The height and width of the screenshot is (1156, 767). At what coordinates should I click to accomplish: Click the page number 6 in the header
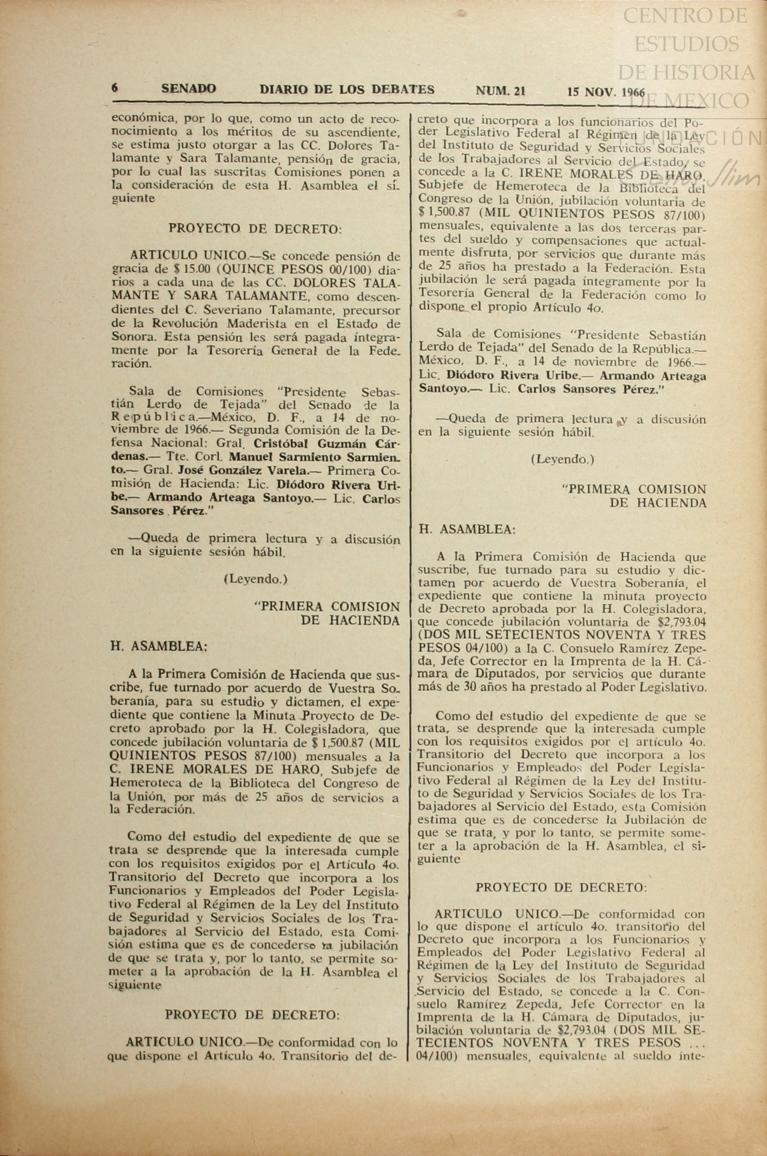[x=114, y=88]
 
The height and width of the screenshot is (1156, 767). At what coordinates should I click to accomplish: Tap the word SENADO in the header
[x=188, y=89]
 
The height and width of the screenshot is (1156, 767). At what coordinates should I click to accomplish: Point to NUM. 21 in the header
[x=500, y=91]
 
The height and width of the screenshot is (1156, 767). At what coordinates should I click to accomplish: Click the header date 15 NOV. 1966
[x=606, y=92]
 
